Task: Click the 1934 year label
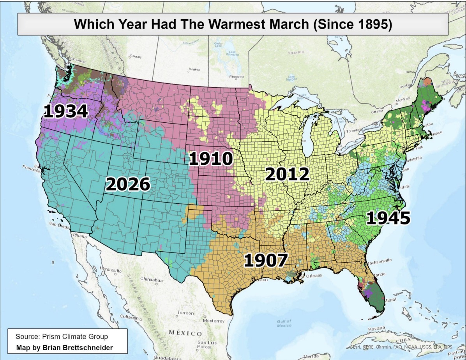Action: pyautogui.click(x=65, y=111)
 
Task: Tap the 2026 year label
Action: pyautogui.click(x=128, y=184)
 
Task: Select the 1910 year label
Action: pyautogui.click(x=211, y=159)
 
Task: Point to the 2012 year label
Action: pyautogui.click(x=287, y=174)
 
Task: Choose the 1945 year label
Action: pyautogui.click(x=388, y=219)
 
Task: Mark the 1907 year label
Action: pyautogui.click(x=266, y=260)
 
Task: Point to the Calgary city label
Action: pyautogui.click(x=136, y=56)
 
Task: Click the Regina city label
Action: pyautogui.click(x=194, y=69)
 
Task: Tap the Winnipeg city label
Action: pyautogui.click(x=236, y=77)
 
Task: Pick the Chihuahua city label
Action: pyautogui.click(x=151, y=280)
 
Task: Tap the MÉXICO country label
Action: pyautogui.click(x=185, y=334)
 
